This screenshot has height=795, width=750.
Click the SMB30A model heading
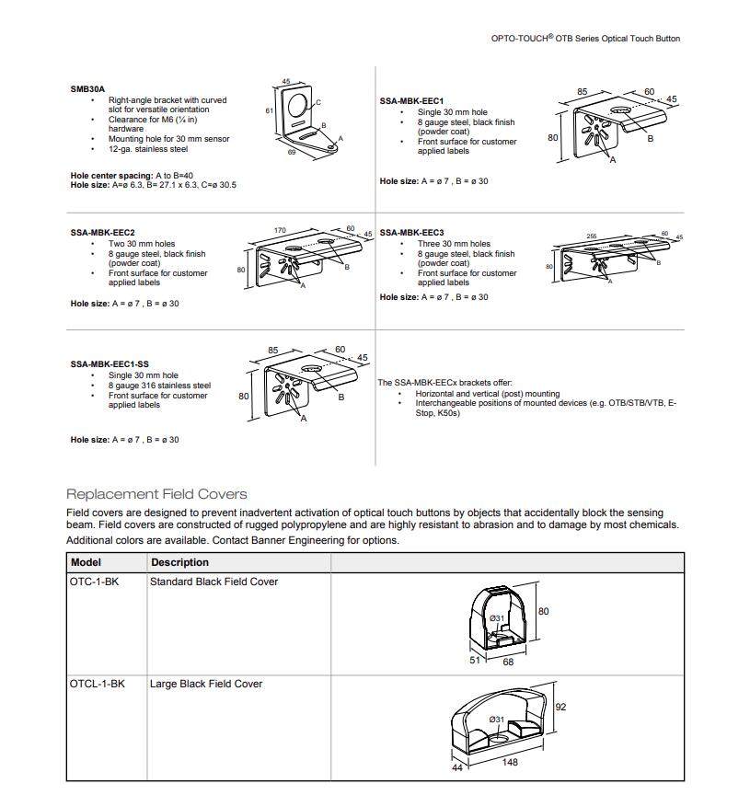[x=87, y=89]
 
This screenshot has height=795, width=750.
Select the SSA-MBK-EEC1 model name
[x=411, y=101]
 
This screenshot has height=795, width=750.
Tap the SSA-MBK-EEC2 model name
[x=102, y=233]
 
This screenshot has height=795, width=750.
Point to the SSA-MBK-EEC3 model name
[x=411, y=233]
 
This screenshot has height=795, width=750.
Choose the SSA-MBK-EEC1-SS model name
[x=110, y=364]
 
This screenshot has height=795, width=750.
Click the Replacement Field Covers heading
[x=156, y=494]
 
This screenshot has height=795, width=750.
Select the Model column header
[x=87, y=562]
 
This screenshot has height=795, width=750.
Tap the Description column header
[x=179, y=562]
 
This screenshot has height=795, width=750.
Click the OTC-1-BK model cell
[x=95, y=582]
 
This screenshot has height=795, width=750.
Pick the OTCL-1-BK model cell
[x=98, y=684]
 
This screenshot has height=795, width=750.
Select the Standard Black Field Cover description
[x=213, y=582]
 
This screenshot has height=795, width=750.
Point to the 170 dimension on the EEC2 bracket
[x=280, y=231]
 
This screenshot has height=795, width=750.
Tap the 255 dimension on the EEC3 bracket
[x=591, y=236]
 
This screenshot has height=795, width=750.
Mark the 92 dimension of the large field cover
[x=560, y=708]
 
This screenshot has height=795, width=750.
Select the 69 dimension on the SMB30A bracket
[x=293, y=154]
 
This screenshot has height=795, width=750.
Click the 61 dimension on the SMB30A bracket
[x=269, y=110]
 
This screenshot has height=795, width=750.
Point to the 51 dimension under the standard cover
[x=475, y=660]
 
